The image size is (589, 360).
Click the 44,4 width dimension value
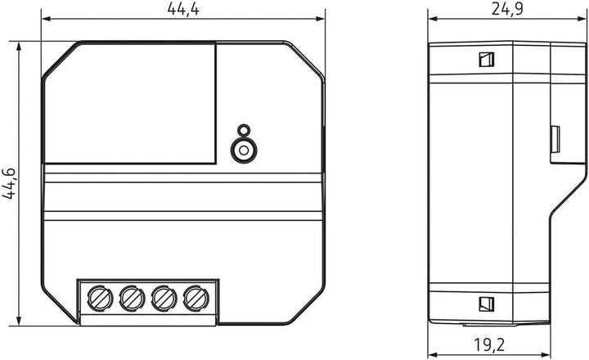pyautogui.click(x=183, y=8)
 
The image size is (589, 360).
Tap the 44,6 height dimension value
pyautogui.click(x=9, y=183)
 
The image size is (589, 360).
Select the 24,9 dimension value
pyautogui.click(x=507, y=9)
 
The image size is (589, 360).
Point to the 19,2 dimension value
pyautogui.click(x=488, y=344)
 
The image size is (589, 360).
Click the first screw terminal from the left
pyautogui.click(x=100, y=299)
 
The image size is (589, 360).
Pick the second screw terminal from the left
pyautogui.click(x=132, y=299)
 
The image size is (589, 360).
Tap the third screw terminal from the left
pyautogui.click(x=164, y=299)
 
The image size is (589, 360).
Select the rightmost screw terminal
pyautogui.click(x=196, y=299)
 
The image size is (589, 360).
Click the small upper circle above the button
pyautogui.click(x=244, y=130)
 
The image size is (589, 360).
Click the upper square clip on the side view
pyautogui.click(x=487, y=60)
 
